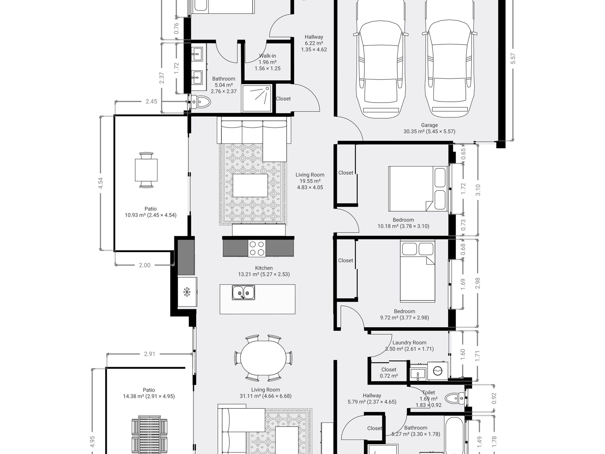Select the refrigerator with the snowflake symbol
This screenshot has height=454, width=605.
click(x=187, y=292)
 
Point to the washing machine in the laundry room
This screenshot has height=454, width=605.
click(x=438, y=371)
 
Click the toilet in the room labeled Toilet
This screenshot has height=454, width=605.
click(x=455, y=398)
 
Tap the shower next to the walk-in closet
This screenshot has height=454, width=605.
click(x=257, y=98)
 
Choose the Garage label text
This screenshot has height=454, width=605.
click(x=429, y=125)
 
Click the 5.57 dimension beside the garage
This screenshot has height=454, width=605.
click(x=513, y=59)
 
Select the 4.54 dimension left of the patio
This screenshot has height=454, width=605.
click(x=101, y=183)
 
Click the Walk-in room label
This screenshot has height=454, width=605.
click(x=267, y=56)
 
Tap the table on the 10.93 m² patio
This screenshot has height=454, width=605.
click(x=146, y=170)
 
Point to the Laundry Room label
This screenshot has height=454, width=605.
click(x=409, y=342)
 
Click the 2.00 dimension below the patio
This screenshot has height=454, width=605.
click(x=145, y=265)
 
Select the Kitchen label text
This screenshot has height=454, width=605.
click(x=264, y=268)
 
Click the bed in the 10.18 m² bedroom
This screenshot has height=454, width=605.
click(x=418, y=189)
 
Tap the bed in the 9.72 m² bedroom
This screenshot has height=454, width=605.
click(x=417, y=270)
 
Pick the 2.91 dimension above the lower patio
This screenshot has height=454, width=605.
click(x=149, y=354)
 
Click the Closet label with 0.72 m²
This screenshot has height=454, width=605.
click(x=389, y=373)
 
